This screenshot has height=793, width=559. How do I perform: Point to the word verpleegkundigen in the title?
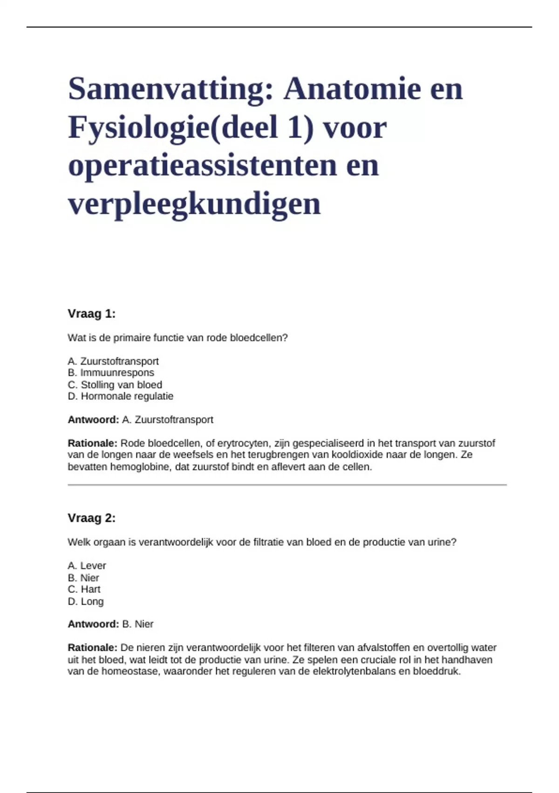point(194,204)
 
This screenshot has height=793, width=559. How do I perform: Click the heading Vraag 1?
point(91,314)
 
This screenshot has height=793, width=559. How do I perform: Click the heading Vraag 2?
point(91,518)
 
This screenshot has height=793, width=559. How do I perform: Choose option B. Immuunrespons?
point(111,373)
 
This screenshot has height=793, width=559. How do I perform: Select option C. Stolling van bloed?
point(115,385)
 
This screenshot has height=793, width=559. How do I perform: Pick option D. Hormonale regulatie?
point(120,396)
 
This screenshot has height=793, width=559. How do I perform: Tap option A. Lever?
point(87,566)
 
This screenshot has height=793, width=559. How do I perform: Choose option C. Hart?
point(84,590)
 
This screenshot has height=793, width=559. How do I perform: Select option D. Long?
point(86,602)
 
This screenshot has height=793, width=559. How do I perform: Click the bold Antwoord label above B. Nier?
point(93,624)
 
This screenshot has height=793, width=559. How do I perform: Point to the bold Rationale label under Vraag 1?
point(92,443)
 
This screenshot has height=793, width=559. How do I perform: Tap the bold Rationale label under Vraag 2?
point(92,648)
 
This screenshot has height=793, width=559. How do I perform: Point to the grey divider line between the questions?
point(287,485)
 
